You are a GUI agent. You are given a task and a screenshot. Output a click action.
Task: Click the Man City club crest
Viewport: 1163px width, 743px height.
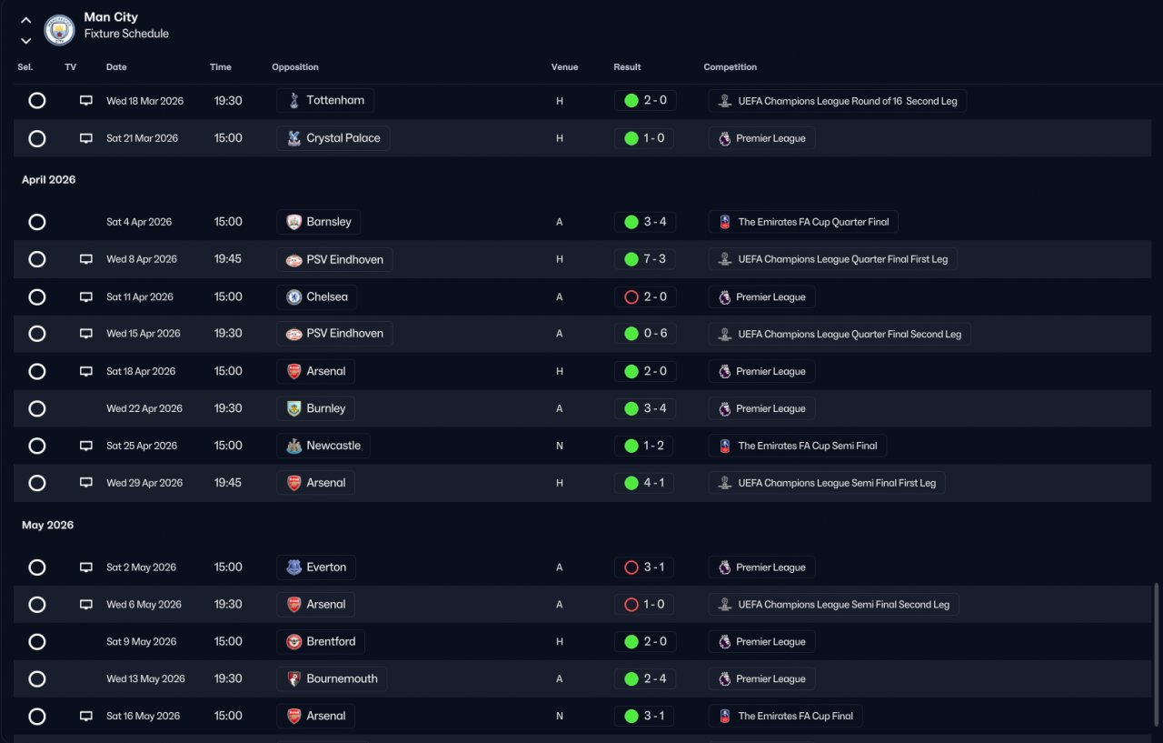(x=60, y=29)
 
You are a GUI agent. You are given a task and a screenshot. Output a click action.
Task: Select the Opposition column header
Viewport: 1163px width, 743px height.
(x=295, y=67)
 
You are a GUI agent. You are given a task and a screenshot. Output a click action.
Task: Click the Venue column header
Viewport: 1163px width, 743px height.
(x=564, y=67)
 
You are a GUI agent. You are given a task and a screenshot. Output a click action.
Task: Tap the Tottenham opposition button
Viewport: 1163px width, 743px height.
(x=325, y=101)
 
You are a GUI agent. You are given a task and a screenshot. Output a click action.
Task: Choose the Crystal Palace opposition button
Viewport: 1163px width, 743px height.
(x=333, y=138)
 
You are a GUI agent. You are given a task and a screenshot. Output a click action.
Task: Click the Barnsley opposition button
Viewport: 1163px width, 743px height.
(x=318, y=222)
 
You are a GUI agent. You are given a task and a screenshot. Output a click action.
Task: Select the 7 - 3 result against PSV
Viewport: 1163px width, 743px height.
(x=644, y=259)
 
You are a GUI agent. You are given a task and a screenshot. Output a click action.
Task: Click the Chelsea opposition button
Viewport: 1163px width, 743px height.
(x=316, y=296)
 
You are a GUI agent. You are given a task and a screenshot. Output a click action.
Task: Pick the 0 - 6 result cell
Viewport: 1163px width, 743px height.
(x=644, y=334)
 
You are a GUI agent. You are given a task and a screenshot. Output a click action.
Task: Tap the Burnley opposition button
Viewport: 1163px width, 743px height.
(x=315, y=408)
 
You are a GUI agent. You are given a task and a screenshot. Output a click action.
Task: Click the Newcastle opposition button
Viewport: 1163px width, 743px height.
(x=323, y=446)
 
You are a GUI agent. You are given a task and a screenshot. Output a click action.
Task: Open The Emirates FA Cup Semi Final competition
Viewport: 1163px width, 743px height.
(x=797, y=446)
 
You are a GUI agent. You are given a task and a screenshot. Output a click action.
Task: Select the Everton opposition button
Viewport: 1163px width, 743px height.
(x=315, y=567)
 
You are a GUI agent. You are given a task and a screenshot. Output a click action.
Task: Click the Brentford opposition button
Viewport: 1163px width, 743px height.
(x=321, y=642)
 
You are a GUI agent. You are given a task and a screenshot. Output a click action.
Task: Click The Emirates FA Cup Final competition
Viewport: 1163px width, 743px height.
(x=785, y=717)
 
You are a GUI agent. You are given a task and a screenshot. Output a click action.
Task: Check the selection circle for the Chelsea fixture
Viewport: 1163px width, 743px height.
(x=37, y=296)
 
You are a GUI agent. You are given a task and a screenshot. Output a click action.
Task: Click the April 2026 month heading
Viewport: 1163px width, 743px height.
(x=49, y=180)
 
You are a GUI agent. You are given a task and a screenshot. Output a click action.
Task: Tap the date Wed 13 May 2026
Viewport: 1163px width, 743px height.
(x=145, y=679)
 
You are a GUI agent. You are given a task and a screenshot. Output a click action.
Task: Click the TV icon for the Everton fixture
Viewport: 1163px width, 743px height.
(x=86, y=567)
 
